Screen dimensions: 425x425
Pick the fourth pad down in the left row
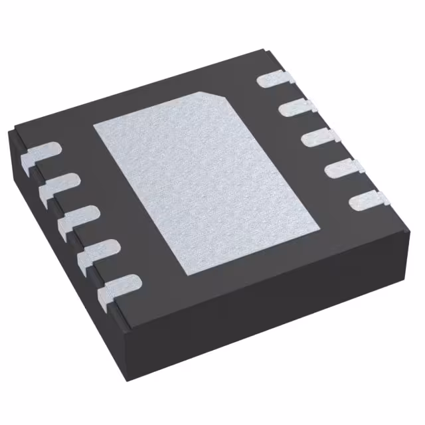[97, 251]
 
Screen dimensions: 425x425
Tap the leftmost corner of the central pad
[93, 126]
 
